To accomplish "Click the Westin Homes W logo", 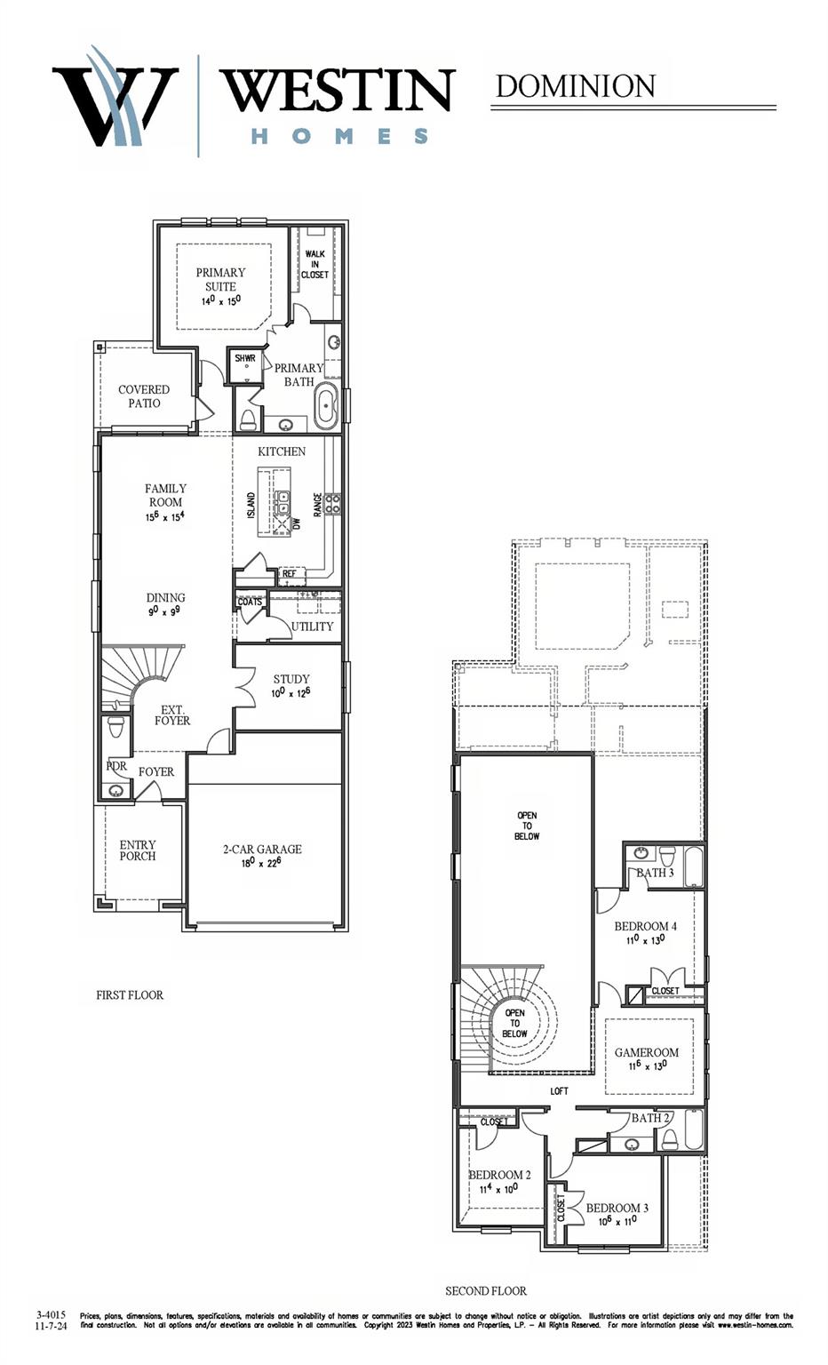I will (x=115, y=98).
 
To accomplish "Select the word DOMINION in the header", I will (x=575, y=86).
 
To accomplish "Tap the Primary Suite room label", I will (x=220, y=279).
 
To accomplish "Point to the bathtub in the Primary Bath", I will (x=326, y=407).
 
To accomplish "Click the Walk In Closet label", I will (x=314, y=264).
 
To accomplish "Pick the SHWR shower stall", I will (x=245, y=363).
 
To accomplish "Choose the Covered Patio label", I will (x=144, y=396).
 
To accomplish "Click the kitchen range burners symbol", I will (x=332, y=504).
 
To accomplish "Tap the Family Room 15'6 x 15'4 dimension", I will (x=165, y=516).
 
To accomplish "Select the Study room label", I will (x=291, y=679).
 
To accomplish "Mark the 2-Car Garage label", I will (x=262, y=849).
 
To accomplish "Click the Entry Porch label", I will (x=138, y=850).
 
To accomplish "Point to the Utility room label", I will (x=313, y=627).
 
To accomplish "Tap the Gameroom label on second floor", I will (x=647, y=1052).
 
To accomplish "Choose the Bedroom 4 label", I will (x=646, y=926).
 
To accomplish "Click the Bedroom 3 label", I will (x=617, y=1208).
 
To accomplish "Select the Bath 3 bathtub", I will (x=693, y=866).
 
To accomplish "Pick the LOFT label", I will (x=559, y=1091).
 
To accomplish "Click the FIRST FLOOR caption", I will (x=130, y=995).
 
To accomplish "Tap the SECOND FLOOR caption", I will (x=486, y=1290).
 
